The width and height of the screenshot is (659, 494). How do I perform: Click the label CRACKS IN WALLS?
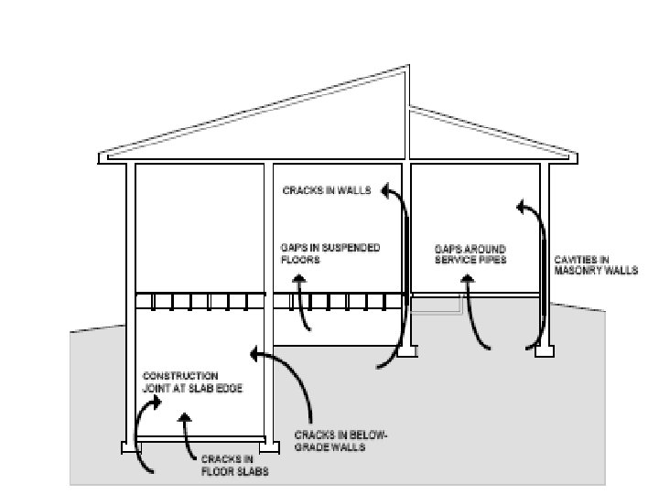coord(327,191)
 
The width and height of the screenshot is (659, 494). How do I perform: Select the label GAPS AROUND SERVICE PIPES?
coord(470,253)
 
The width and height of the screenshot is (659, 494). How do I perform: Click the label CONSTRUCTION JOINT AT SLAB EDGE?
coord(180,381)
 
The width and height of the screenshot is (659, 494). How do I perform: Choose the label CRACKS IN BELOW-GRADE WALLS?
coord(341,442)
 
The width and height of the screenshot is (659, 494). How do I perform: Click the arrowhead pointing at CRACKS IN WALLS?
coord(386,189)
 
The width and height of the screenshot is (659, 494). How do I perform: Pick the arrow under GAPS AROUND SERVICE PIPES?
coord(474,316)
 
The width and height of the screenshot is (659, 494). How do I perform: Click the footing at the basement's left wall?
coord(130,447)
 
